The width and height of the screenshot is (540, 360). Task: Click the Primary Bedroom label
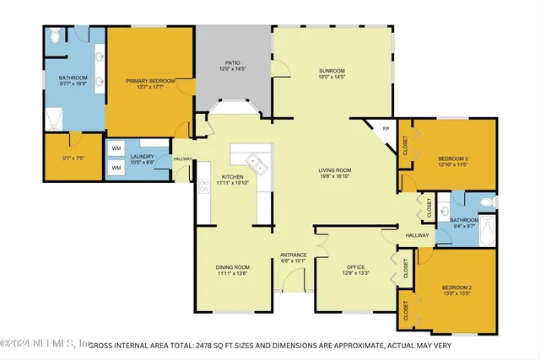150,81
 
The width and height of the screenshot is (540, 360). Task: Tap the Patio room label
234,62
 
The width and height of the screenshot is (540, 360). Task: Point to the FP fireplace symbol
386,129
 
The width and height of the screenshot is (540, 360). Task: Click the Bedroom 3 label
453,159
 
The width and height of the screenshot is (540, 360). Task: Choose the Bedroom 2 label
457,288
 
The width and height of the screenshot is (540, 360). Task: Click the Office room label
356,267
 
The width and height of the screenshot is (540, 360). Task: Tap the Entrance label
294,255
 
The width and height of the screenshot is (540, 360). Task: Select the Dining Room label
232,267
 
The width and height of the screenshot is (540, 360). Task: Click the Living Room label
335,170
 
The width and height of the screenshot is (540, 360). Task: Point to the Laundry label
141,156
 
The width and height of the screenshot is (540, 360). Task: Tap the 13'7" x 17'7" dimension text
150,88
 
